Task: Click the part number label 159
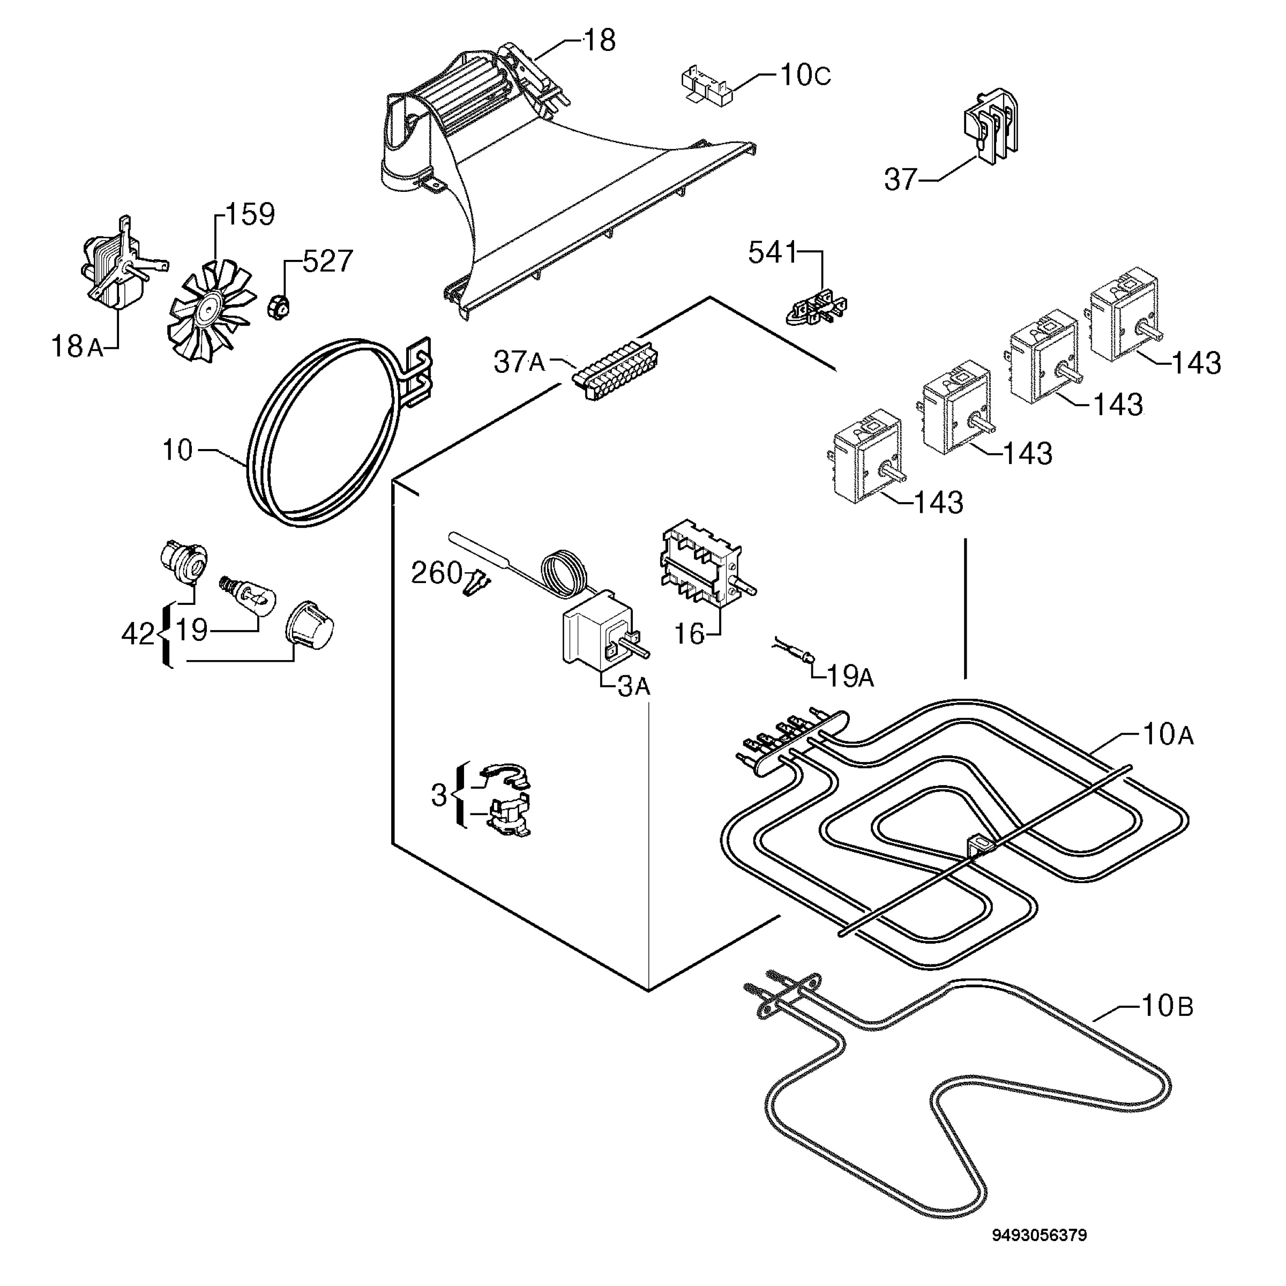click(x=250, y=214)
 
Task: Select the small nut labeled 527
click(x=279, y=307)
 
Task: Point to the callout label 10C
click(x=805, y=75)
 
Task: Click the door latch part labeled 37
click(x=990, y=126)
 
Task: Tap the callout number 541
click(x=772, y=253)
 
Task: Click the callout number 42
click(x=138, y=634)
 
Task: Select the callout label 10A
click(x=1168, y=735)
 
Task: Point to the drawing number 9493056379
click(x=1040, y=1236)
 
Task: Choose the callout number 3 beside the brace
click(x=439, y=795)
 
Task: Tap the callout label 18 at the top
click(x=600, y=41)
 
